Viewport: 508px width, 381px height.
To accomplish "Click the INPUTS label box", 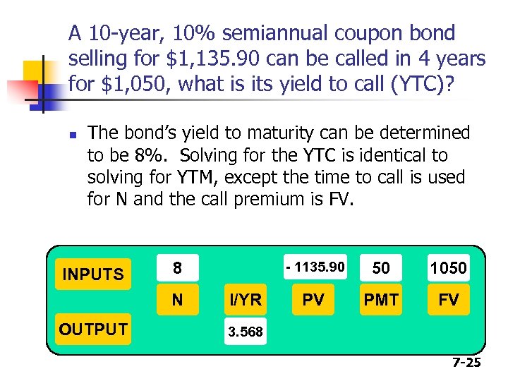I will tap(93, 273).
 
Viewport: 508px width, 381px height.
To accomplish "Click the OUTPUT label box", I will tap(93, 329).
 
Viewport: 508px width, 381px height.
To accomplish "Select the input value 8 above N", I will tap(177, 268).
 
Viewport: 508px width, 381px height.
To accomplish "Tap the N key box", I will tap(177, 300).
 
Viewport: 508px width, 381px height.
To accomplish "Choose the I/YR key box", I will tap(245, 300).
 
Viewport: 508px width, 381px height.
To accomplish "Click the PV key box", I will tap(313, 300).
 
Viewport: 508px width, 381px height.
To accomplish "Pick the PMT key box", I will tap(381, 300).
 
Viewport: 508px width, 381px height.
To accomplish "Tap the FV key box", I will tap(449, 300).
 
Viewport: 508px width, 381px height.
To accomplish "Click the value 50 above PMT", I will tap(381, 268).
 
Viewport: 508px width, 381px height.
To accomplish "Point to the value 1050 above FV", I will tap(449, 268).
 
